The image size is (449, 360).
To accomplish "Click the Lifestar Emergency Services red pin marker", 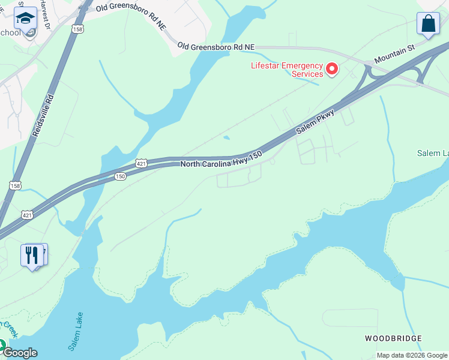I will pyautogui.click(x=331, y=70).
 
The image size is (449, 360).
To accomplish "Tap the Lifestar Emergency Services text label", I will pyautogui.click(x=288, y=70).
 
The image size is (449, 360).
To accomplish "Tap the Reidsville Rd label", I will pyautogui.click(x=43, y=115).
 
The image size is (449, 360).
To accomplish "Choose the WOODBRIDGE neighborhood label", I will pyautogui.click(x=393, y=338).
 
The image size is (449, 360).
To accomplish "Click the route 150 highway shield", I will pyautogui.click(x=121, y=176).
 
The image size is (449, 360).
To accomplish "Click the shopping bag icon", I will pyautogui.click(x=428, y=24).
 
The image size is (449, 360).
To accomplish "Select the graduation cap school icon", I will pyautogui.click(x=25, y=19).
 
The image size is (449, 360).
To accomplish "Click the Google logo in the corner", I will pyautogui.click(x=19, y=353).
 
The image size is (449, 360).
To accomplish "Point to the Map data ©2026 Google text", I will pyautogui.click(x=412, y=355).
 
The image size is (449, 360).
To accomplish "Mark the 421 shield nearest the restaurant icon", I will pyautogui.click(x=27, y=214).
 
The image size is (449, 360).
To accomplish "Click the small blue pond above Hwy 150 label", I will pyautogui.click(x=226, y=137).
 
